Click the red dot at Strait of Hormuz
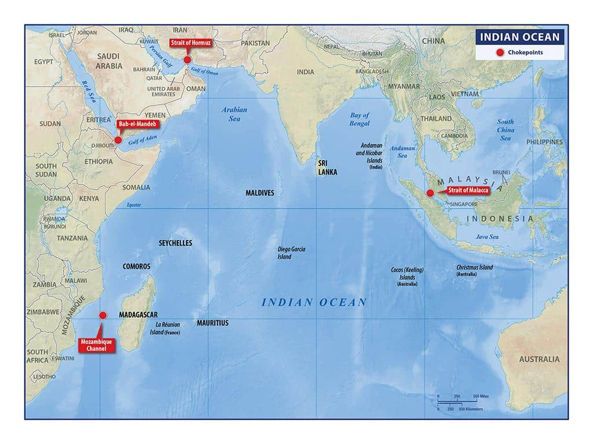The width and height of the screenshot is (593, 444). pyautogui.click(x=187, y=60)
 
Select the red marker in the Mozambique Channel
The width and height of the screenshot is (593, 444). pyautogui.click(x=103, y=315)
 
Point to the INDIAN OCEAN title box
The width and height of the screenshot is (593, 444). pyautogui.click(x=519, y=38)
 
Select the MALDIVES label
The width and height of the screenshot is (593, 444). pyautogui.click(x=260, y=193)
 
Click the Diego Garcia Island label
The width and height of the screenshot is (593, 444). pyautogui.click(x=291, y=253)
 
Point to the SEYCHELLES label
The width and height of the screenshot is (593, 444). pyautogui.click(x=175, y=243)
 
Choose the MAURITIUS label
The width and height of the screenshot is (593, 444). pyautogui.click(x=213, y=323)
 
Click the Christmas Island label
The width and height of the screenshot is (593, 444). pyautogui.click(x=474, y=270)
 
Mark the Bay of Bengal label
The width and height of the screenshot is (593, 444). pyautogui.click(x=359, y=119)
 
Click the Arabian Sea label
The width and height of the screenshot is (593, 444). pyautogui.click(x=234, y=114)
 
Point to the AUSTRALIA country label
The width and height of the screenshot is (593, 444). pyautogui.click(x=539, y=359)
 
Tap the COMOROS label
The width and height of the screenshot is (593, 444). pyautogui.click(x=137, y=267)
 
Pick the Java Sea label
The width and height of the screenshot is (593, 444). pyautogui.click(x=486, y=236)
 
